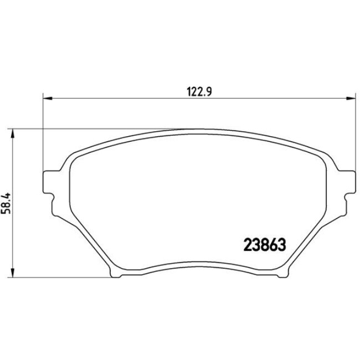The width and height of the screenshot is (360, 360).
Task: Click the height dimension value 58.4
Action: coord(7,202)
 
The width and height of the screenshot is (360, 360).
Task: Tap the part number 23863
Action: coord(264,244)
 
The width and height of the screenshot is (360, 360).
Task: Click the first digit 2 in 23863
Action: coord(248,244)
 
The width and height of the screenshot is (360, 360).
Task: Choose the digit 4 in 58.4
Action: coord(7,193)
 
